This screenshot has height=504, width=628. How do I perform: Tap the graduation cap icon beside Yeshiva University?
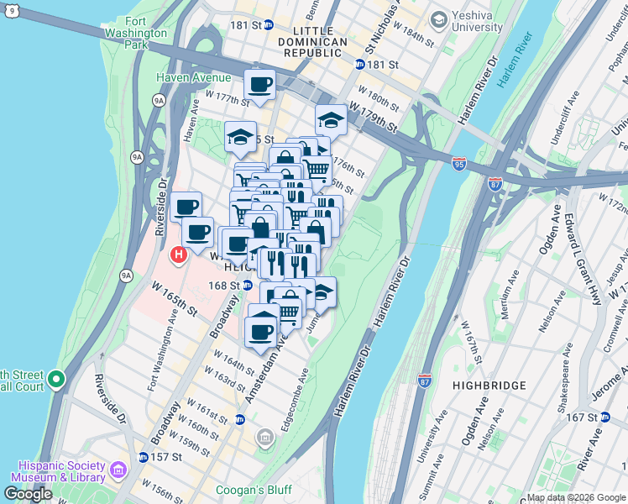pyautogui.click(x=438, y=19)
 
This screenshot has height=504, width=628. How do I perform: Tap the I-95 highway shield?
pyautogui.click(x=459, y=164)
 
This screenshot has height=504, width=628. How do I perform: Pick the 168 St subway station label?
pyautogui.click(x=223, y=286)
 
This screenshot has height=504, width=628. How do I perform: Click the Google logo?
pyautogui.click(x=29, y=493)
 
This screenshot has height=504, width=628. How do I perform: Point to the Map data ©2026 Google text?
pyautogui.click(x=575, y=497)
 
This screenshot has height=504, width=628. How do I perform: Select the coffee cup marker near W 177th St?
pyautogui.click(x=260, y=84)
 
